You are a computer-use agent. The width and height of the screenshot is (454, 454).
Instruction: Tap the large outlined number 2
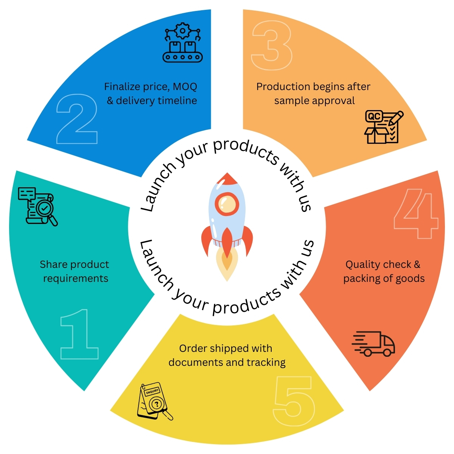point(77,119)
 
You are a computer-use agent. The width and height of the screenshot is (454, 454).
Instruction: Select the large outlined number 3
point(272,45)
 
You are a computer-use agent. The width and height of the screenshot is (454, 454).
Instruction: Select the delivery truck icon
point(374,344)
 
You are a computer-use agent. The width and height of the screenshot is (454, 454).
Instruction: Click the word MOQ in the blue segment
point(185,87)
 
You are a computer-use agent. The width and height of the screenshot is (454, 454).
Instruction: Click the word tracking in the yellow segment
point(266,362)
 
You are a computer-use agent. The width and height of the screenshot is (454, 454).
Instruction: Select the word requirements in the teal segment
point(76,278)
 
